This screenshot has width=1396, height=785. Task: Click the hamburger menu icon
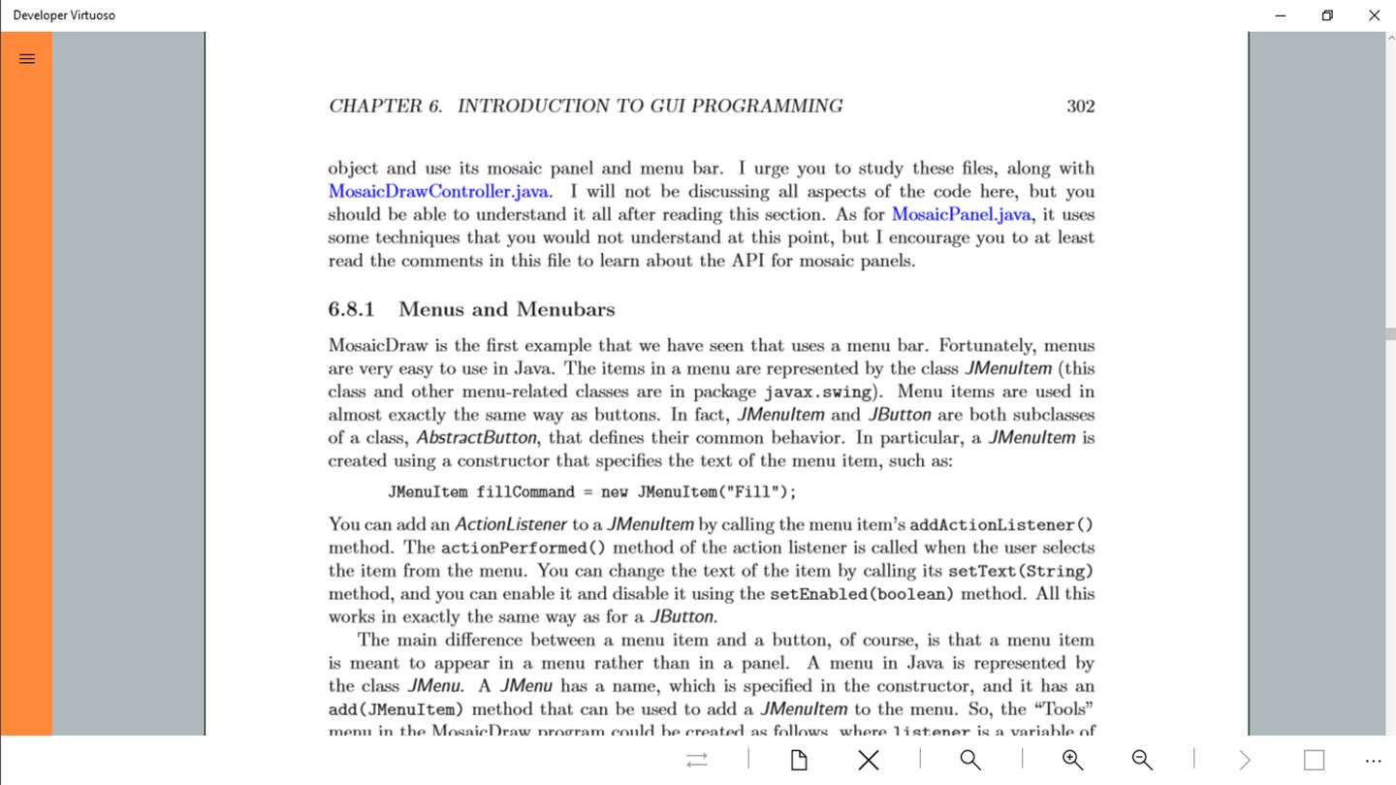click(27, 59)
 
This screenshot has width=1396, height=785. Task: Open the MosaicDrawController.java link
click(438, 192)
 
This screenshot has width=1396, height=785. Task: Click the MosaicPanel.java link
click(962, 215)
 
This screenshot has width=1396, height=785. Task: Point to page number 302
click(1080, 107)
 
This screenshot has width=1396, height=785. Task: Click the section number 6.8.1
click(351, 310)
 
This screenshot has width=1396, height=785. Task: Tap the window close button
click(1374, 16)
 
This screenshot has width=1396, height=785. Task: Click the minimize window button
click(1281, 16)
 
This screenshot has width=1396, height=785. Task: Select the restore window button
click(1327, 16)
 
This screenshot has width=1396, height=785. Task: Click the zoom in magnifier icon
click(1072, 760)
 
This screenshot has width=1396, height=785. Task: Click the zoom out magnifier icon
click(1142, 760)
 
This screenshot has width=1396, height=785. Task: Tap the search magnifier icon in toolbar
click(970, 760)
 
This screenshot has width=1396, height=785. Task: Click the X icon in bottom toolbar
click(869, 760)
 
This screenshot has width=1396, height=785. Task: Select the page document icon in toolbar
click(799, 760)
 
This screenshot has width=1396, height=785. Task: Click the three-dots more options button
click(1373, 761)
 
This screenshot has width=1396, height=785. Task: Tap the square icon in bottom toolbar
click(1314, 760)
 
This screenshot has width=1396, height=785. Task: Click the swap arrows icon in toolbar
click(697, 760)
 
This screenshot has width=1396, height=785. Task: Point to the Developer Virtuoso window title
click(64, 16)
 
